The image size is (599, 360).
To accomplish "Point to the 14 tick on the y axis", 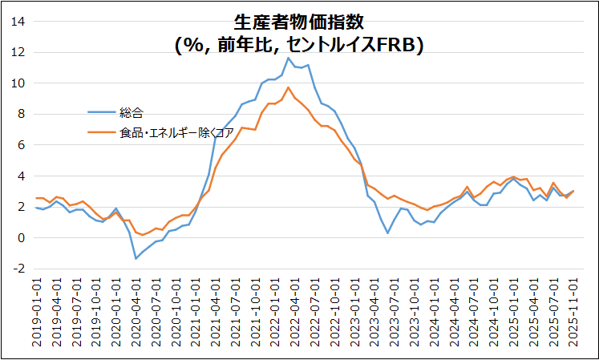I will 18,22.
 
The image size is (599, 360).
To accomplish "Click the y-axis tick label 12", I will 18,52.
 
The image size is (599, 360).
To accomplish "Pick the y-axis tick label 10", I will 18,83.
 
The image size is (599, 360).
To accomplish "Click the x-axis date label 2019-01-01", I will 37,313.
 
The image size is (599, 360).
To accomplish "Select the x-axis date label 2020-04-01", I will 136,313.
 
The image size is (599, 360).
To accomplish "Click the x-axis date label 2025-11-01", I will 573,313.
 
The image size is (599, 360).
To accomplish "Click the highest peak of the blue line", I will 289,58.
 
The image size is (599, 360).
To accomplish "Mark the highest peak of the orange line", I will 289,87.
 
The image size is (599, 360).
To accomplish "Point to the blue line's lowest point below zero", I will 136,258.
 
